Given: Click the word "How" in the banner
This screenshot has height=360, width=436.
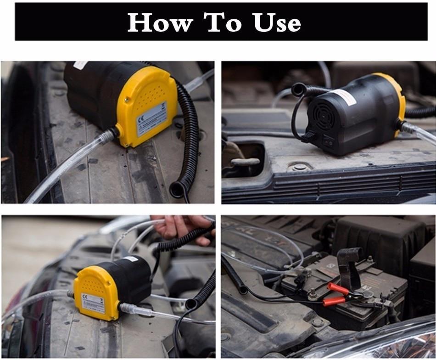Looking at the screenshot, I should click(160, 22).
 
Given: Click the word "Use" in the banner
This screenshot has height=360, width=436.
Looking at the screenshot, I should click(277, 22).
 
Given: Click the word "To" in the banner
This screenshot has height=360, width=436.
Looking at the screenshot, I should click(223, 22).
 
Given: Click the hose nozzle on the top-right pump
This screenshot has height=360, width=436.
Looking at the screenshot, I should click(408, 128).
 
